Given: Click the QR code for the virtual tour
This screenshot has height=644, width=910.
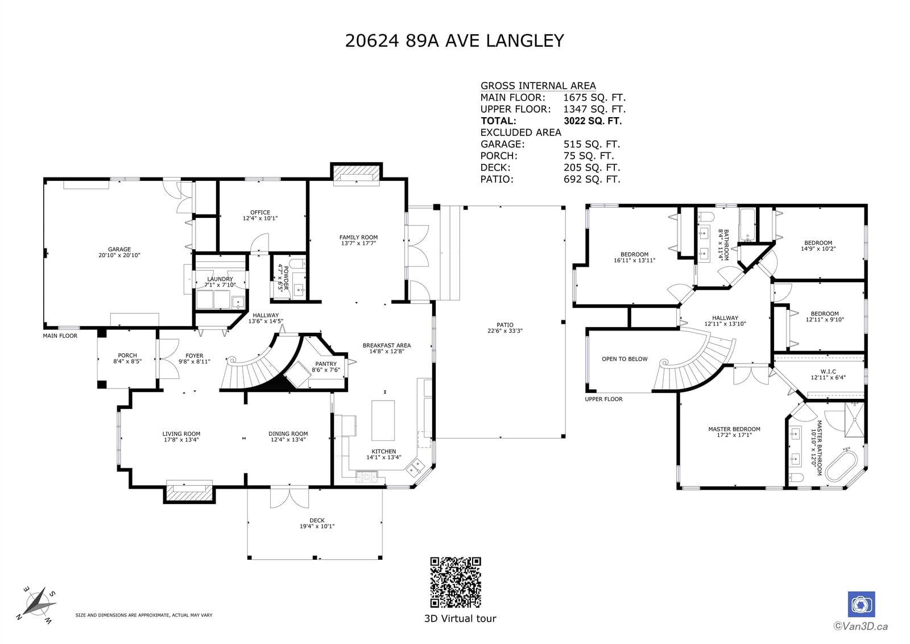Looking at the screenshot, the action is pyautogui.click(x=456, y=582).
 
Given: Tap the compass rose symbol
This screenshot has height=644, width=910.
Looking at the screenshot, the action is pyautogui.click(x=37, y=605).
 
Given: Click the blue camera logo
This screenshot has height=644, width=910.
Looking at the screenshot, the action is pyautogui.click(x=861, y=604).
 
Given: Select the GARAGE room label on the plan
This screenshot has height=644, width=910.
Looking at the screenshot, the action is pyautogui.click(x=119, y=250).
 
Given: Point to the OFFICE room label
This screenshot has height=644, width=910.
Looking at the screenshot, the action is pyautogui.click(x=260, y=213).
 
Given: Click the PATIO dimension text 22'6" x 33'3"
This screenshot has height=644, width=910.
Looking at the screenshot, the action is pyautogui.click(x=505, y=331).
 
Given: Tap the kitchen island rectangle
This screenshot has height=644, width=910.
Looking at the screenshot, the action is pyautogui.click(x=383, y=420).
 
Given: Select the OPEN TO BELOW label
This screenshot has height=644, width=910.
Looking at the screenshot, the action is pyautogui.click(x=624, y=359).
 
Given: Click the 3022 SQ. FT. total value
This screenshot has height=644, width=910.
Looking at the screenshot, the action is pyautogui.click(x=593, y=121).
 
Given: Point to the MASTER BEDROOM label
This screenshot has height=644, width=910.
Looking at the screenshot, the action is pyautogui.click(x=734, y=429).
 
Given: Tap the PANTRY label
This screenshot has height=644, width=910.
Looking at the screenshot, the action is pyautogui.click(x=326, y=364).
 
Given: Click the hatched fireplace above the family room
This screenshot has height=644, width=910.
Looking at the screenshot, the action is pyautogui.click(x=356, y=173).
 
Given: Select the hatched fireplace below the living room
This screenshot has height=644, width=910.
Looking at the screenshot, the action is pyautogui.click(x=189, y=494).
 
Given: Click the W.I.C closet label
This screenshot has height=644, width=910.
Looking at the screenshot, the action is pyautogui.click(x=828, y=371).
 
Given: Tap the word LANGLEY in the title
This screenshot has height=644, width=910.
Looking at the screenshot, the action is pyautogui.click(x=525, y=40).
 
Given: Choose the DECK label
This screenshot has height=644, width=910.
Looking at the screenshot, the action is pyautogui.click(x=317, y=521).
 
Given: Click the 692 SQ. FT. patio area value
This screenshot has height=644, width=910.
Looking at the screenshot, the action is pyautogui.click(x=592, y=179).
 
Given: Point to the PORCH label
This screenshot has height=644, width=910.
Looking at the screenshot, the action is pyautogui.click(x=127, y=356).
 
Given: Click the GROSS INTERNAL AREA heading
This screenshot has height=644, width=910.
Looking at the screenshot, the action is pyautogui.click(x=538, y=86).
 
